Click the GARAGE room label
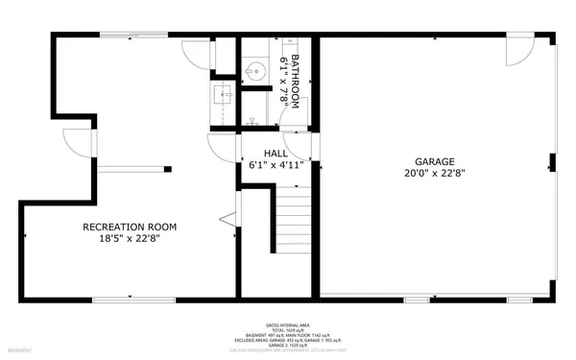click(436, 162)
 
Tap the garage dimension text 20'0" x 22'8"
click(436, 174)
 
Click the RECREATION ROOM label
click(130, 228)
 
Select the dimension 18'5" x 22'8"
click(130, 240)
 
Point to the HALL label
click(276, 153)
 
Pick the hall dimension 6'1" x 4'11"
click(276, 164)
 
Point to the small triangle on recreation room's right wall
click(230, 220)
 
